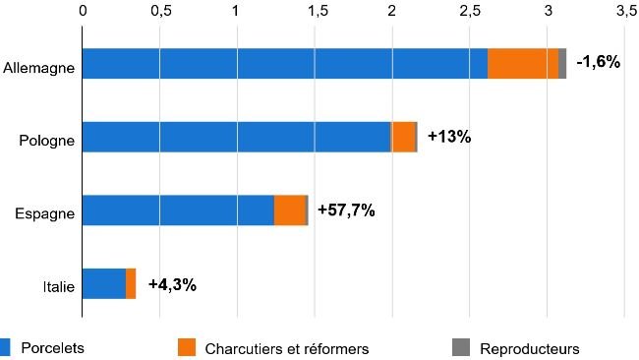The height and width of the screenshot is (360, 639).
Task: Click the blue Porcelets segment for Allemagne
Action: point(284,63)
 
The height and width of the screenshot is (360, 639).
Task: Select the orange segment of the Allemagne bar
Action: point(523,63)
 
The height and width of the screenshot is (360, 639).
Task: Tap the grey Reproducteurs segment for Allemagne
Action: point(562,63)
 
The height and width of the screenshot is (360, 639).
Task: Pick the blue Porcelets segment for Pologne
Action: point(236,137)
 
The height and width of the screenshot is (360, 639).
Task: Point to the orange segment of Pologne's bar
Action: point(403,137)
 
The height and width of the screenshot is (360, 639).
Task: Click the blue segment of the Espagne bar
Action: point(177,210)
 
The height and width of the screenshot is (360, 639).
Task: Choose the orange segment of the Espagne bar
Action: point(290,210)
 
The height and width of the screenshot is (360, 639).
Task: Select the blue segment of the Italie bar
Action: point(103,283)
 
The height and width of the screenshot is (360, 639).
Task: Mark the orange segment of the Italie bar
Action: point(131,283)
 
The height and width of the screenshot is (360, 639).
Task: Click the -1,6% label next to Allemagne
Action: point(598,62)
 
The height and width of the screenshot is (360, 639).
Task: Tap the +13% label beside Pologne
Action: point(449,137)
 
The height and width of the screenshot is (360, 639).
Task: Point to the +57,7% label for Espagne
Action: point(346,210)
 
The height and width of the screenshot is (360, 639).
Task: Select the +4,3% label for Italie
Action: point(172,284)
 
